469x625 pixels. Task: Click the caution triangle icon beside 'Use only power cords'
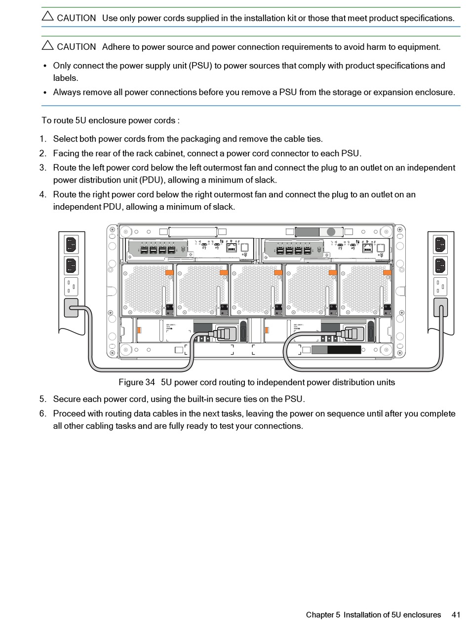(x=47, y=16)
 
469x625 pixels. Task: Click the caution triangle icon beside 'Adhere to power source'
(x=47, y=45)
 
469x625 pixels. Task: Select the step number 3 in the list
(x=43, y=168)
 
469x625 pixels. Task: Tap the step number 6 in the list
(x=43, y=413)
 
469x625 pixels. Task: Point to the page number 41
(x=456, y=615)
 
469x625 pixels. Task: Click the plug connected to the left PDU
(x=71, y=308)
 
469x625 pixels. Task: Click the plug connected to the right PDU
(x=440, y=307)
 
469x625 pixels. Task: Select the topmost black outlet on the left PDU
(x=72, y=244)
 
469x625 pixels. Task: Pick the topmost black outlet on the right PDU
(x=440, y=244)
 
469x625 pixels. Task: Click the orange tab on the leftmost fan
(x=169, y=272)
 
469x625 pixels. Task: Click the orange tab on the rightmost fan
(x=387, y=272)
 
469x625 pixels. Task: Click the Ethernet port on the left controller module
(x=231, y=248)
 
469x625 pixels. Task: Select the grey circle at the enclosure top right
(x=331, y=232)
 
